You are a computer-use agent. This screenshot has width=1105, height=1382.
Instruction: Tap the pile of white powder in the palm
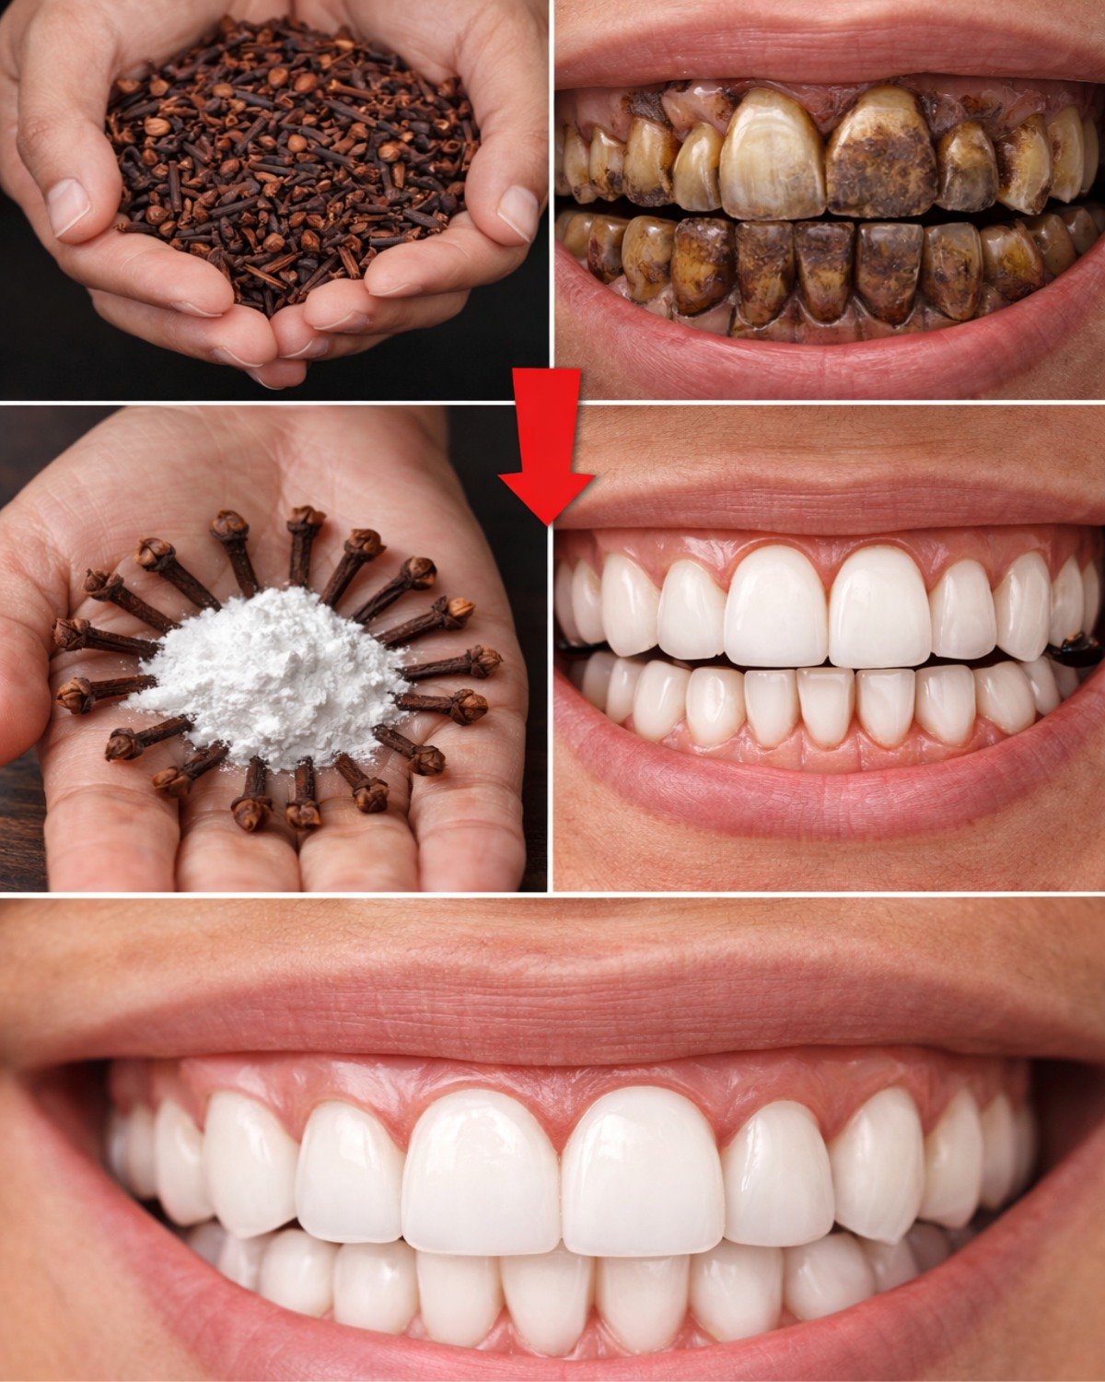coord(276,673)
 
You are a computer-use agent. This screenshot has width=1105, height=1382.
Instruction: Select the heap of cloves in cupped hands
coord(285,157)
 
